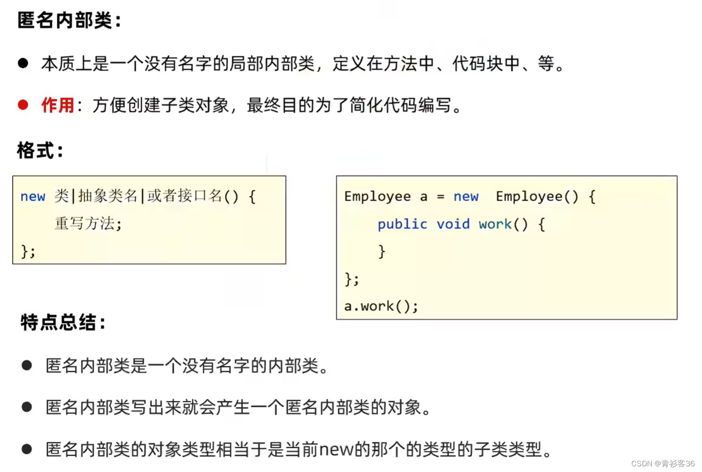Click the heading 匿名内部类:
coord(69,20)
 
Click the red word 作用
coord(57,105)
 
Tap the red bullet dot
coord(23,104)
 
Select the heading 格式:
coord(40,150)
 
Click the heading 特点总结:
coord(63,322)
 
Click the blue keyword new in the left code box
coord(33,196)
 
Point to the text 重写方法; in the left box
coord(88,223)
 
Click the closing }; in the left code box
coord(28,251)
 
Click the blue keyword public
coord(402,224)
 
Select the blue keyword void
coord(453,224)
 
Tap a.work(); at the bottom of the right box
coord(381,306)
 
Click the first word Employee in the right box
coord(378,196)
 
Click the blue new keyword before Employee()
coord(466,196)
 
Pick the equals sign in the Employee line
coord(441,196)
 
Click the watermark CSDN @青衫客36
coord(663,463)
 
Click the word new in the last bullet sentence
coord(336,449)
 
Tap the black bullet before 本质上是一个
coord(23,63)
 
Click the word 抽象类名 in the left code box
coord(108,196)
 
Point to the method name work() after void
coord(503,224)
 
